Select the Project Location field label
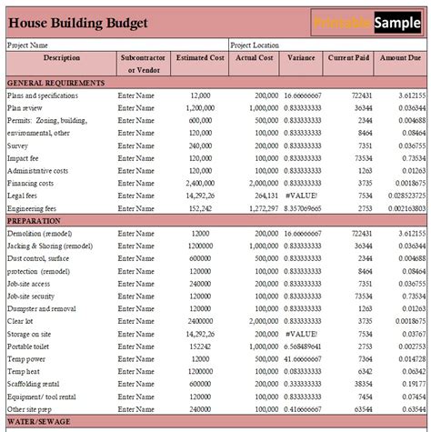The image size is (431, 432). [256, 44]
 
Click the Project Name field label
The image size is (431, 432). [28, 44]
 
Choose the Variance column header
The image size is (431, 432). [302, 56]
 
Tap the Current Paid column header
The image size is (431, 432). [349, 56]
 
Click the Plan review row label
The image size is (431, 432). [26, 107]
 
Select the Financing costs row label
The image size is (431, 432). [34, 182]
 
